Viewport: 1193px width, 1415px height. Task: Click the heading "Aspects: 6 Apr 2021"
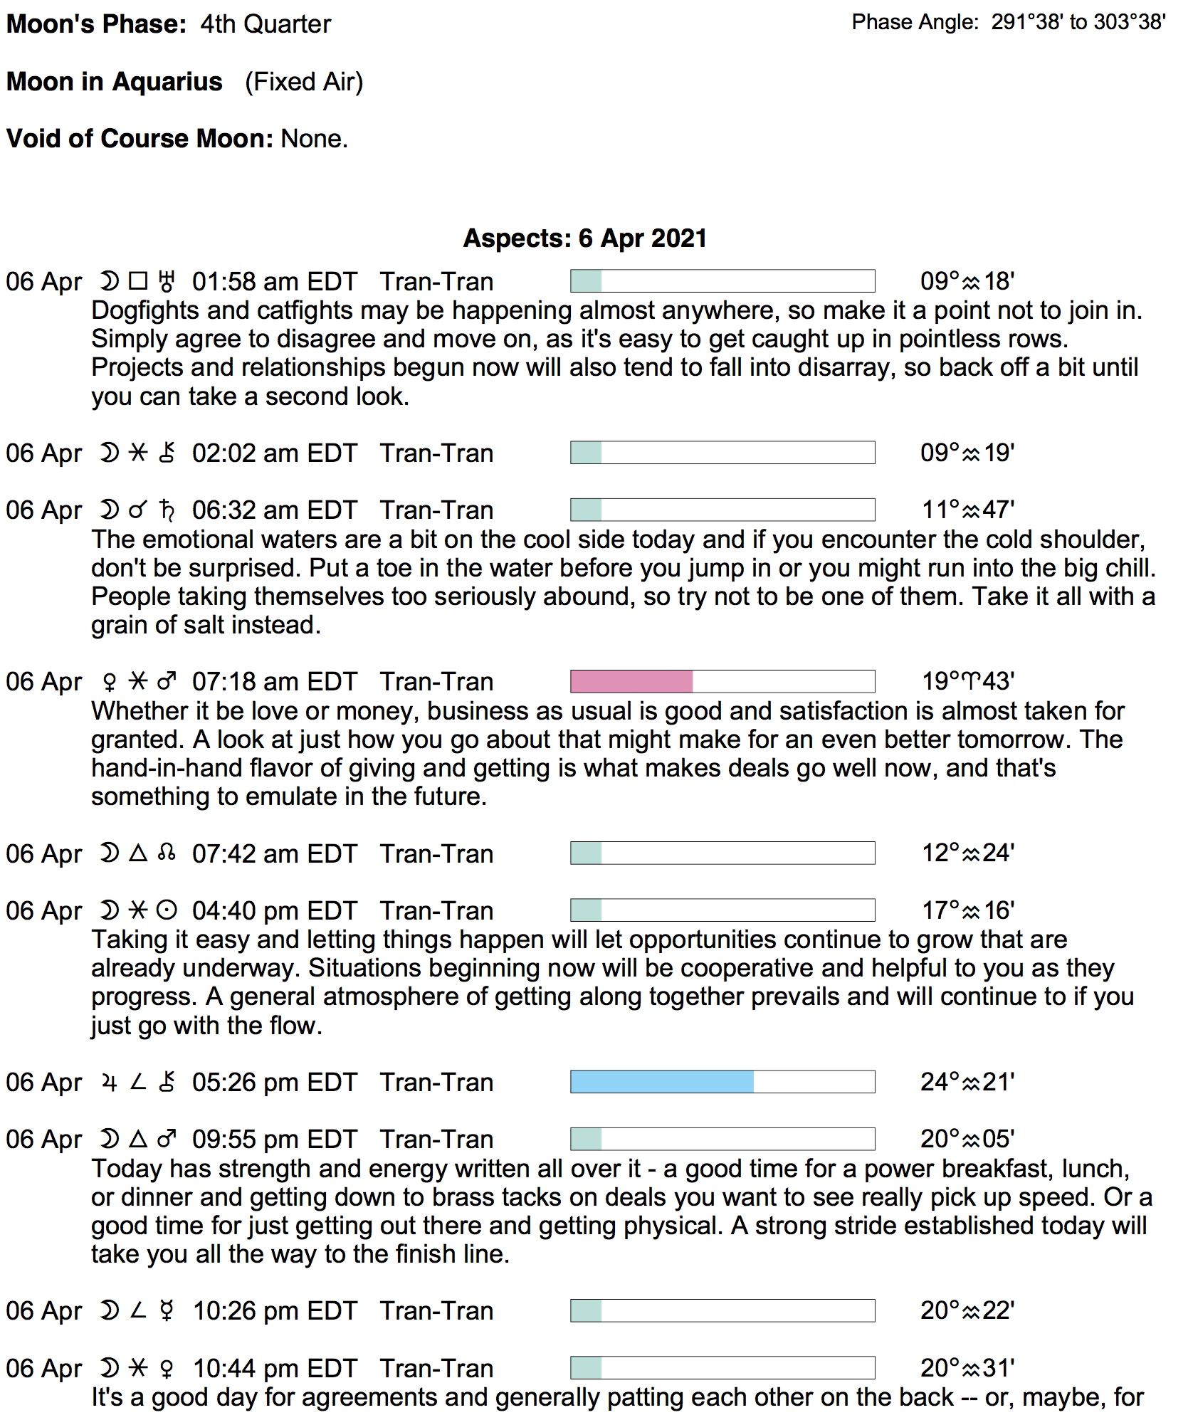tap(584, 238)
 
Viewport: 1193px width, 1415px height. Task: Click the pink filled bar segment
tap(631, 681)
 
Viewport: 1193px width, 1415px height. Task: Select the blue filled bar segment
tap(662, 1082)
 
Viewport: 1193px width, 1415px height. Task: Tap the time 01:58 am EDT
tap(274, 282)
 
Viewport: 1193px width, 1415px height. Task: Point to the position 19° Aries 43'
tap(968, 681)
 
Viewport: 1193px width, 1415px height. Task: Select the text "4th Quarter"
tap(266, 24)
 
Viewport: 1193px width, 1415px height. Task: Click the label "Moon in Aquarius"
tap(115, 82)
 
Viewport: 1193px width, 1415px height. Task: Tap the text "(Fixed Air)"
tap(304, 82)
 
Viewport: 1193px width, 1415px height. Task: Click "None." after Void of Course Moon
tap(315, 139)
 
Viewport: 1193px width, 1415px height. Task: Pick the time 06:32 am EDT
tap(274, 510)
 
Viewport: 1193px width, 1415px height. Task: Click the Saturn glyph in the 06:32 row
tap(167, 510)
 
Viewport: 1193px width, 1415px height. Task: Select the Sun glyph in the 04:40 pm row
tap(167, 910)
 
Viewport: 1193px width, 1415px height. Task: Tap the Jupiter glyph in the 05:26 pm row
tap(109, 1083)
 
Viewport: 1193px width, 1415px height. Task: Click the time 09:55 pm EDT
tap(274, 1140)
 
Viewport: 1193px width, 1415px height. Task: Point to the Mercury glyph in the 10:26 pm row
tap(167, 1311)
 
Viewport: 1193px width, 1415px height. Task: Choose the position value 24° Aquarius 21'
tap(967, 1082)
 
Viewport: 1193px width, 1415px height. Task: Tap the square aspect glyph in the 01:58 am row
tap(138, 281)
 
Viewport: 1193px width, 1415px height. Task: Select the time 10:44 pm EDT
tap(275, 1368)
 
